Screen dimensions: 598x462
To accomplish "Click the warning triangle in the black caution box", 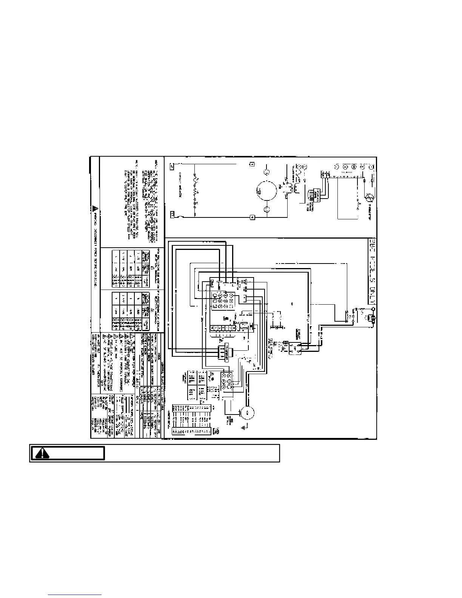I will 43,453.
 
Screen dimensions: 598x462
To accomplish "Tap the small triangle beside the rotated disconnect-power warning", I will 95,208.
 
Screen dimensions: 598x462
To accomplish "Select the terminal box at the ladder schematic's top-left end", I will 172,165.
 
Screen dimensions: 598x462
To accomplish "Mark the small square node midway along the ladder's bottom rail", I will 252,217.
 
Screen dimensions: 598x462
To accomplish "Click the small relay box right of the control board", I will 293,347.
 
